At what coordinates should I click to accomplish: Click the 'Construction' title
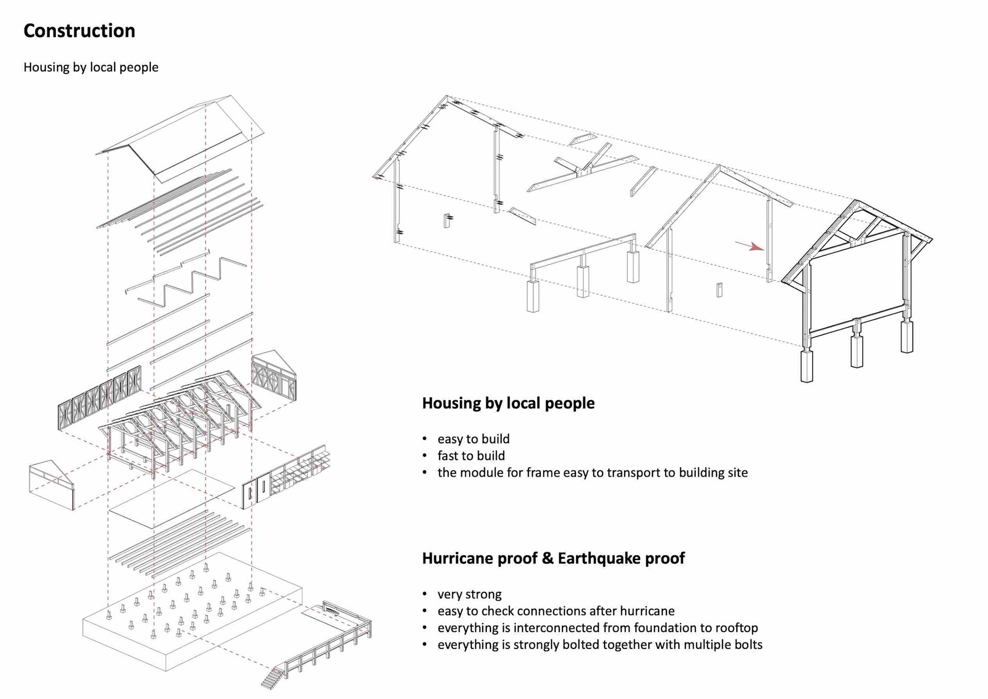pyautogui.click(x=79, y=31)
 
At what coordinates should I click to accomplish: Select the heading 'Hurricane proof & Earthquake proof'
pyautogui.click(x=553, y=558)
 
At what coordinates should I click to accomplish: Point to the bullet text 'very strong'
pyautogui.click(x=469, y=594)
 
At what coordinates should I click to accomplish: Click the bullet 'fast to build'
pyautogui.click(x=471, y=456)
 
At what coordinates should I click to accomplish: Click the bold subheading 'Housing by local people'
pyautogui.click(x=508, y=403)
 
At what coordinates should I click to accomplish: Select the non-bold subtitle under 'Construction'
pyautogui.click(x=91, y=67)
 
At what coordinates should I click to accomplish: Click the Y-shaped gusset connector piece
pyautogui.click(x=584, y=170)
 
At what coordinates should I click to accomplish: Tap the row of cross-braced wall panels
pyautogui.click(x=99, y=397)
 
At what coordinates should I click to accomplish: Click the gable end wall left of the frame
pyautogui.click(x=51, y=484)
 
